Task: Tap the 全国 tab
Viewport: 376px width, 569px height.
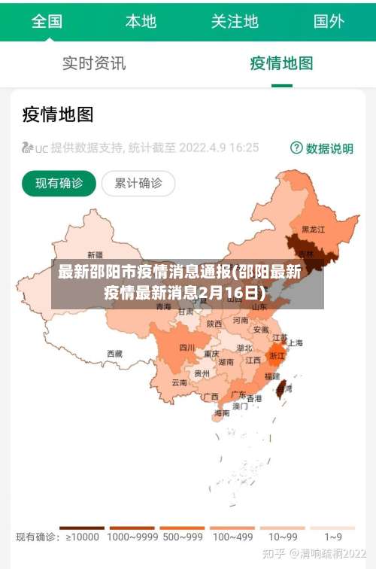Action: tap(47, 21)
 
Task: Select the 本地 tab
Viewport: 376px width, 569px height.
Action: tap(141, 21)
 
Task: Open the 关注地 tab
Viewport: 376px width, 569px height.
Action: tap(235, 21)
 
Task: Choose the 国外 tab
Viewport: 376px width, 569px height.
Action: tap(329, 21)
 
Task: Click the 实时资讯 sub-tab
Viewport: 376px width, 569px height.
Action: tap(94, 64)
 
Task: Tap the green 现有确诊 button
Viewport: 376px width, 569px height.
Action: tap(59, 183)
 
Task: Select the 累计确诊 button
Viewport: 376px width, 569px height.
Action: tap(138, 183)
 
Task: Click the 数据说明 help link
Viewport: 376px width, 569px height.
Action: tap(322, 148)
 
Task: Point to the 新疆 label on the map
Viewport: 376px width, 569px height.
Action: tap(96, 254)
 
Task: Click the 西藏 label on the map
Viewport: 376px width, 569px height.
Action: tap(114, 353)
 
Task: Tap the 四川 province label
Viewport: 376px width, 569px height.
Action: tap(187, 347)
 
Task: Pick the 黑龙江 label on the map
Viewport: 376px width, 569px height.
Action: tap(313, 229)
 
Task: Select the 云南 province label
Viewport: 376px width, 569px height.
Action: tap(180, 382)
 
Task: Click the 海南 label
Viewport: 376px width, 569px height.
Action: tap(222, 413)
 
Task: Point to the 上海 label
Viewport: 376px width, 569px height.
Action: tap(296, 342)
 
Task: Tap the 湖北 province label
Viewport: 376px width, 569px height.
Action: tap(244, 348)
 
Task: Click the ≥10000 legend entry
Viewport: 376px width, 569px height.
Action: tap(82, 537)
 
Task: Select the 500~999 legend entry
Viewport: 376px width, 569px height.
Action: tap(182, 537)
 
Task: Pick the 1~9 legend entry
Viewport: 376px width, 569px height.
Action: tap(333, 537)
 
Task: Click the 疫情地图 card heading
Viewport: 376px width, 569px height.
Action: tap(58, 114)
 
